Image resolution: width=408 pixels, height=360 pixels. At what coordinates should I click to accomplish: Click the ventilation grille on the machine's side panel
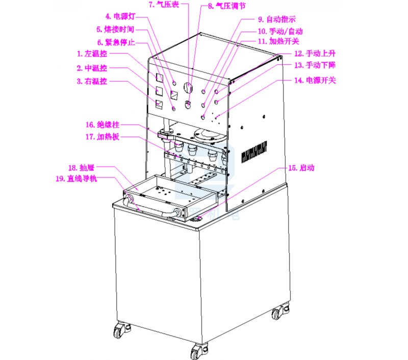point(254,150)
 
